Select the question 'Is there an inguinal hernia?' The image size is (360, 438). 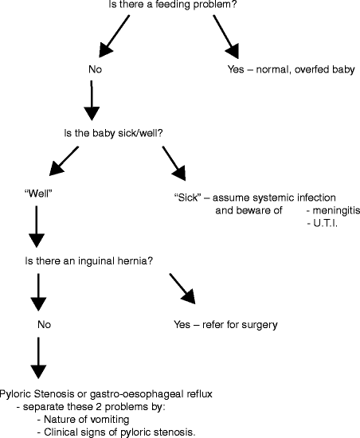pyautogui.click(x=87, y=260)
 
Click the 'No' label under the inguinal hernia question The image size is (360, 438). pyautogui.click(x=45, y=325)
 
